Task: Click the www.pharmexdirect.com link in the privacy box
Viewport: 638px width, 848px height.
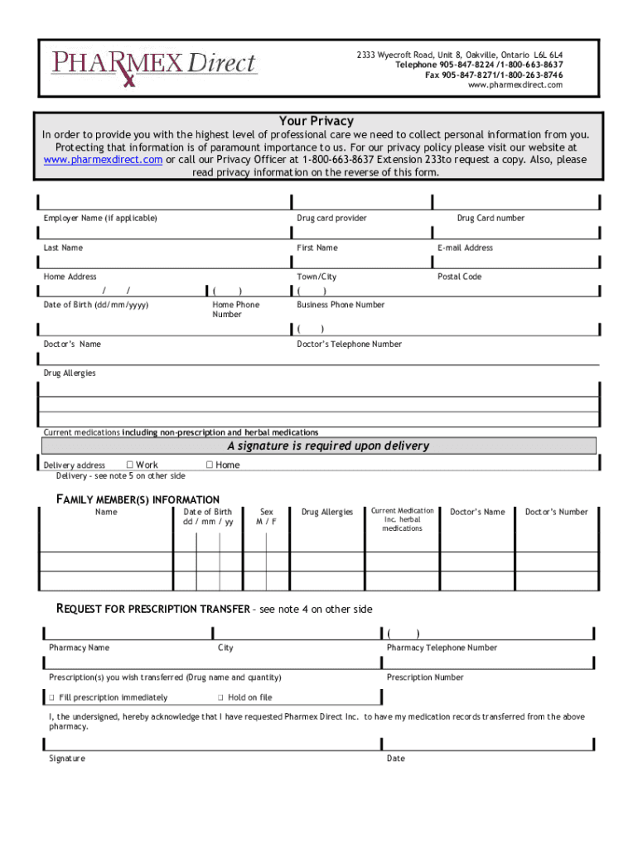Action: click(103, 160)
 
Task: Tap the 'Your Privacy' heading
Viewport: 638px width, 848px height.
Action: click(316, 121)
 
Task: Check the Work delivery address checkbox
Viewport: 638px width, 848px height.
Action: click(130, 465)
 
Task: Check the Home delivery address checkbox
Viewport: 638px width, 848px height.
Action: click(210, 465)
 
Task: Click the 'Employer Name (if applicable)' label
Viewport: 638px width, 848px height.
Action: click(100, 218)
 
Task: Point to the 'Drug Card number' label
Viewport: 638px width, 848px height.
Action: click(491, 218)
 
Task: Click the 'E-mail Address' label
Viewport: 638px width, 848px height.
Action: click(465, 248)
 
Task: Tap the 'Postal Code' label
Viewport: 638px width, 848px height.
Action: click(459, 277)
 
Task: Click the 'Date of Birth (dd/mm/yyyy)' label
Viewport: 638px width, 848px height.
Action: click(96, 305)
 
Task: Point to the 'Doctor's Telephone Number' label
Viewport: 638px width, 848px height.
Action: click(349, 344)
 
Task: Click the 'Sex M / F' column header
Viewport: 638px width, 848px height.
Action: click(267, 517)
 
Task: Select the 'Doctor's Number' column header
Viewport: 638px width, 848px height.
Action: click(556, 512)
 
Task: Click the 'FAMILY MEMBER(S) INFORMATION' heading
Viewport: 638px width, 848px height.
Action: click(138, 499)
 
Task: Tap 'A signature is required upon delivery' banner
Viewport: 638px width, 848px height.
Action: click(328, 446)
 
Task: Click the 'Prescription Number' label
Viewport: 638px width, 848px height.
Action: click(425, 677)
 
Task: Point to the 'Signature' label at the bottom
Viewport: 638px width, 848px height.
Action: click(66, 759)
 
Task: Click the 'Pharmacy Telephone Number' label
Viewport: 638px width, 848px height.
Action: click(442, 648)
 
